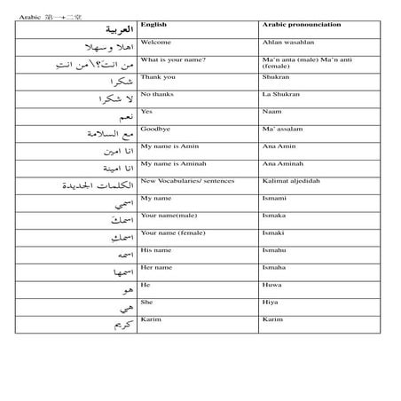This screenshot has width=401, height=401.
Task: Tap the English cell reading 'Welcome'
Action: [x=156, y=43]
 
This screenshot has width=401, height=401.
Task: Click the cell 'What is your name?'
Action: [x=174, y=59]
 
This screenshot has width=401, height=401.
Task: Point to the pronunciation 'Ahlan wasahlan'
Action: [x=288, y=43]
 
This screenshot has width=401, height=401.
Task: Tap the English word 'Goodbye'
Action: [x=156, y=129]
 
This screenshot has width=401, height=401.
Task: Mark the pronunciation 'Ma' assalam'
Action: [x=284, y=129]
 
